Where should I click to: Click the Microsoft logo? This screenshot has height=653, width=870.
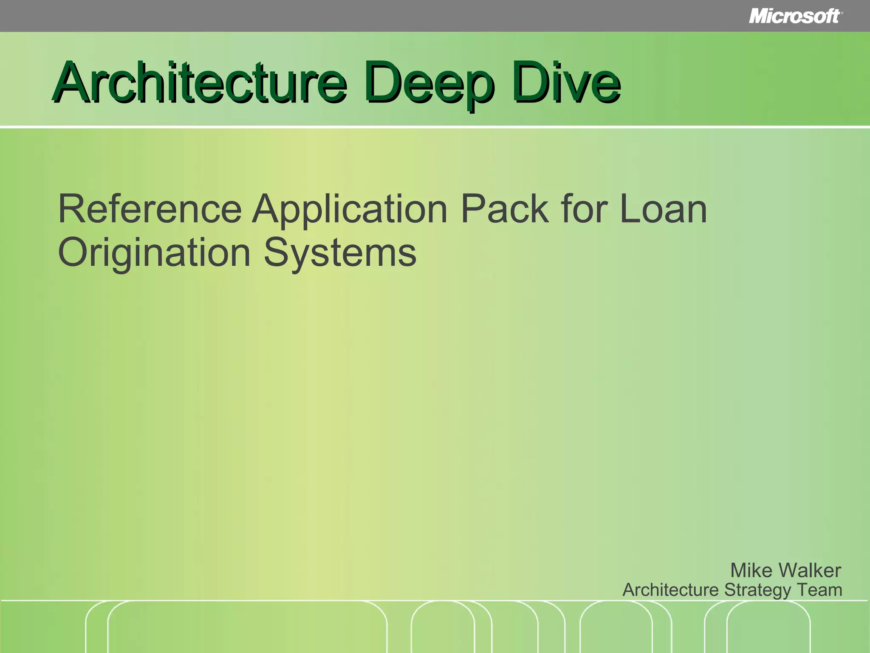coord(794,16)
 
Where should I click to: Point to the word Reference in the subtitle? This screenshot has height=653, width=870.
coord(150,209)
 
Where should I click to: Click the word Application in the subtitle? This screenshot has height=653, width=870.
coord(350,209)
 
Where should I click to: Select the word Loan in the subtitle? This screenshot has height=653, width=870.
coord(663,209)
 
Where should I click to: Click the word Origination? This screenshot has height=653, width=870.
coord(154,253)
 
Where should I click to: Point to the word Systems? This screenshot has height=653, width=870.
coord(340,253)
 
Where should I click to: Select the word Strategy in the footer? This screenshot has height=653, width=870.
coord(757,590)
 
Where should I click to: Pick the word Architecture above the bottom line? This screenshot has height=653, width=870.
coord(671,590)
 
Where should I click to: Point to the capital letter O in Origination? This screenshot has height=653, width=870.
coord(73,253)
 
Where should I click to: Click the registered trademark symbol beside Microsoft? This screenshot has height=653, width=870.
coord(842,13)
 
